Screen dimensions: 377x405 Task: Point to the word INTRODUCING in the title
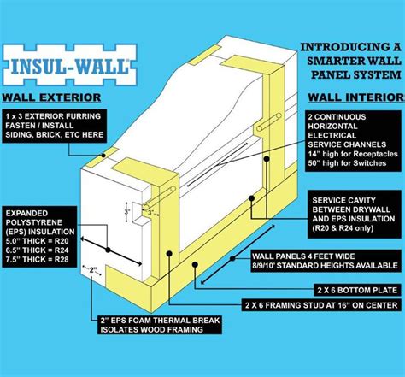point(329,45)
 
